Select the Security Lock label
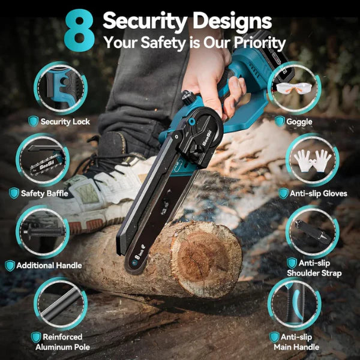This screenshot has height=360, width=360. (65, 122)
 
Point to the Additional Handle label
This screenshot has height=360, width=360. (49, 265)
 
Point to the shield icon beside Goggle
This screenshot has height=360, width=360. (280, 122)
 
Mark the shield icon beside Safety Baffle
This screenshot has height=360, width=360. (14, 193)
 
